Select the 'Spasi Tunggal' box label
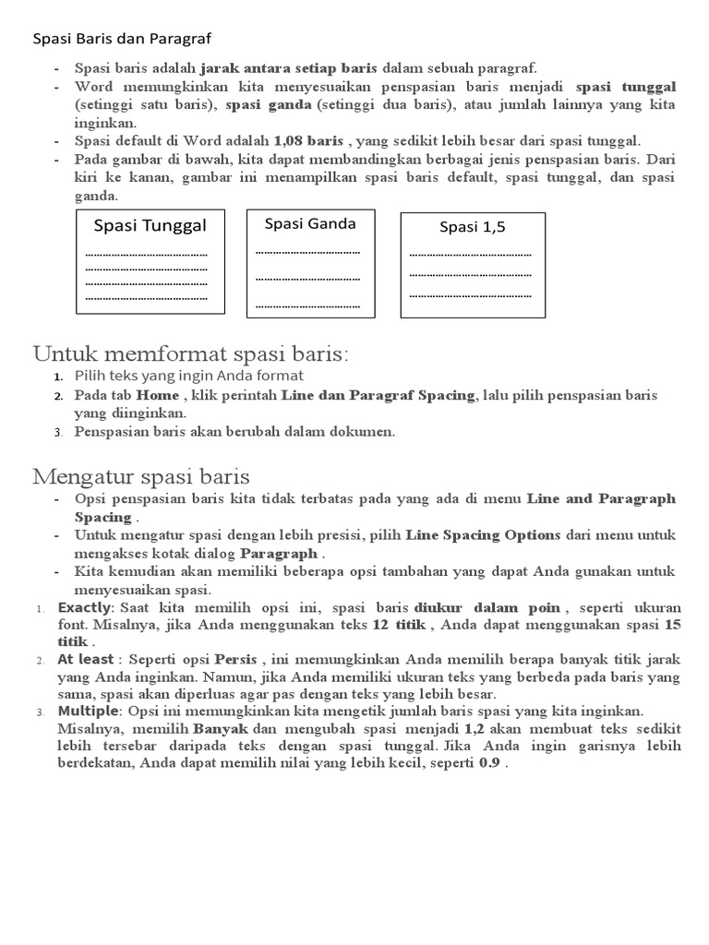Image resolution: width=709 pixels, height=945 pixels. click(x=150, y=226)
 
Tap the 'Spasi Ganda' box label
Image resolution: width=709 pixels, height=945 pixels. click(x=310, y=223)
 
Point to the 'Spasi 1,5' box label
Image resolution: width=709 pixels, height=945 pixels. click(x=473, y=227)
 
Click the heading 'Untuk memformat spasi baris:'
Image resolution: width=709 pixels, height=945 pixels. click(x=192, y=353)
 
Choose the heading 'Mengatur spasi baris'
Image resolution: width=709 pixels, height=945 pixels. click(x=141, y=476)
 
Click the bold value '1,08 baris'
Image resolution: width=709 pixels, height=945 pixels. click(x=308, y=140)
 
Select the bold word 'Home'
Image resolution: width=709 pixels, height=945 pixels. click(x=158, y=395)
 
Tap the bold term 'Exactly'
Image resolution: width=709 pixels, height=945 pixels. click(x=84, y=607)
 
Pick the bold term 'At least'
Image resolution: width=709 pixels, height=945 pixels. click(x=86, y=659)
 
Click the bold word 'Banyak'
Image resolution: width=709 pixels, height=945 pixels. click(x=221, y=728)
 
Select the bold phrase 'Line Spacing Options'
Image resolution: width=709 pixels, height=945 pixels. click(x=483, y=534)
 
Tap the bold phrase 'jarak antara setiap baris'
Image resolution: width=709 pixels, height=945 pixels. click(x=288, y=68)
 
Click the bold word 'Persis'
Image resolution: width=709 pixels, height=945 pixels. click(x=235, y=659)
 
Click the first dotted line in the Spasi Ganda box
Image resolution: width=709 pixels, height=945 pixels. click(x=307, y=251)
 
